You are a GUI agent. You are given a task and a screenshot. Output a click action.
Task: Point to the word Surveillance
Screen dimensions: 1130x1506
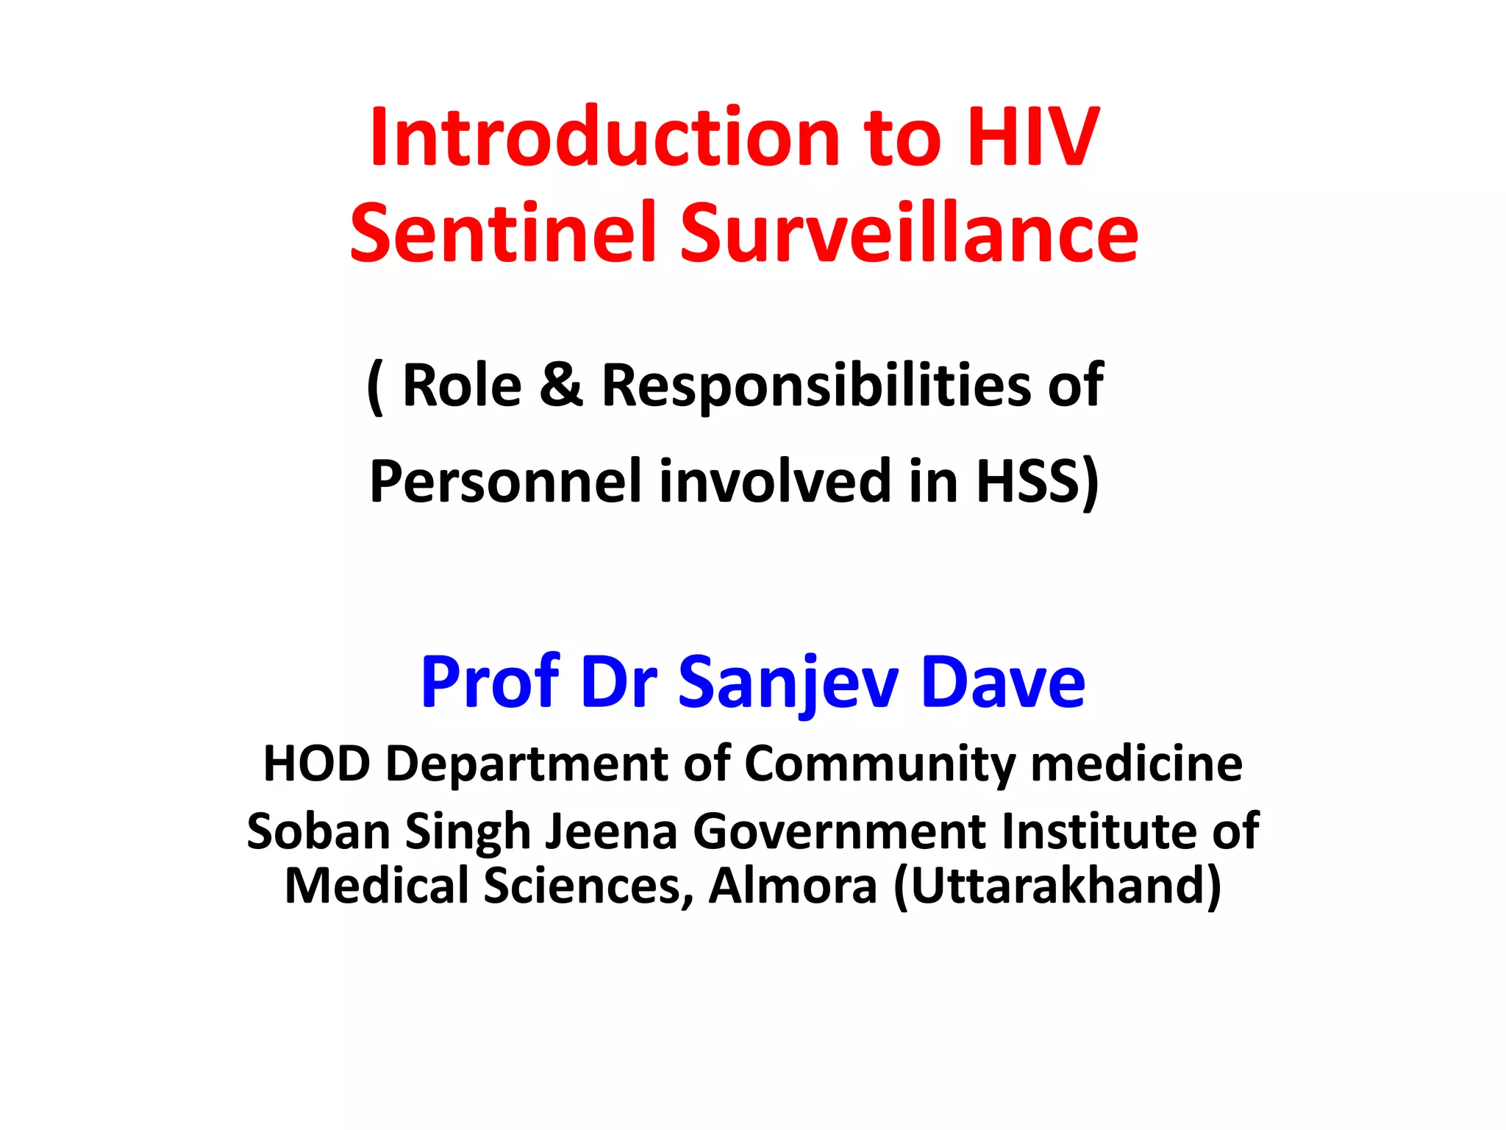point(909,233)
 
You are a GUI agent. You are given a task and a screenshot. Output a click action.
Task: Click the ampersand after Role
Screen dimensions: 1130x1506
point(561,385)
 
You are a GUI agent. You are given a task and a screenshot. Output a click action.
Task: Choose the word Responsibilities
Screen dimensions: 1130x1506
point(816,386)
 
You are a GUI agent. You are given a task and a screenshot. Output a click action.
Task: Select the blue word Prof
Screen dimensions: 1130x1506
point(490,682)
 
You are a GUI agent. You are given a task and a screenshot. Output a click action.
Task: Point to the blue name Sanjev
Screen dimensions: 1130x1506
point(788,683)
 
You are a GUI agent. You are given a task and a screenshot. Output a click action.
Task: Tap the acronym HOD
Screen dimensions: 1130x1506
point(316,764)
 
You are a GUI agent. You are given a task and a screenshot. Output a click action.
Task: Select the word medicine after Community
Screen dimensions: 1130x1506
point(1137,764)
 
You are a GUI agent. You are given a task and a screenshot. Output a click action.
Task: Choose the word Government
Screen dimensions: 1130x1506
point(838,831)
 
